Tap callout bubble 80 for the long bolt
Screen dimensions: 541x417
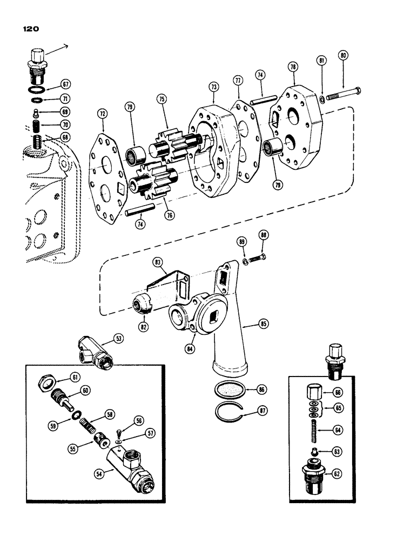[x=342, y=56]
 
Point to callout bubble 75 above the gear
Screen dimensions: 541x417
[x=162, y=99]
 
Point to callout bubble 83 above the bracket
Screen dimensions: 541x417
[x=157, y=263]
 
